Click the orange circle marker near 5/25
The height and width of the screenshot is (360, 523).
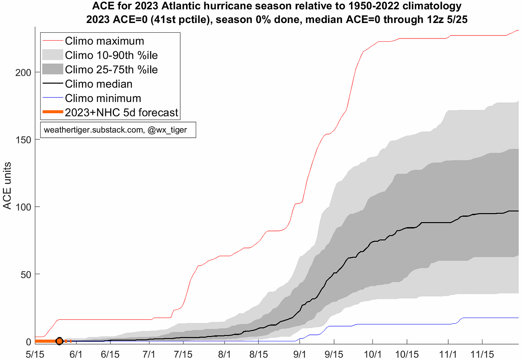[x=60, y=341]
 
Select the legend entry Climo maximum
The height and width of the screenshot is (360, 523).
[x=105, y=41]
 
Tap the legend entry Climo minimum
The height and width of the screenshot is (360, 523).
[x=103, y=98]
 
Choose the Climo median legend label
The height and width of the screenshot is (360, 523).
[x=98, y=84]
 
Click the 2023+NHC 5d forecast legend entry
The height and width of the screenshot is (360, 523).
[x=121, y=112]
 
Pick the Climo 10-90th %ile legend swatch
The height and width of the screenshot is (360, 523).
[x=53, y=55]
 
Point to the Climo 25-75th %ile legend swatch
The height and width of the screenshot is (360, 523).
[x=53, y=69]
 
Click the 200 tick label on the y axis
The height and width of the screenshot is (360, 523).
[x=23, y=73]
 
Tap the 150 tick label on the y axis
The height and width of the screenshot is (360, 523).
[x=23, y=140]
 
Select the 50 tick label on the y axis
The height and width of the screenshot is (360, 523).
[x=26, y=275]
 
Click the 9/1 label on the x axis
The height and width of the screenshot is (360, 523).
[x=300, y=354]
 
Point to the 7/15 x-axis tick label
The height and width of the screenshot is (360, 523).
[x=183, y=354]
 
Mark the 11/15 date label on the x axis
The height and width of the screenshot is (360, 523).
[x=482, y=354]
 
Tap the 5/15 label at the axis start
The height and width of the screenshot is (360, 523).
[x=35, y=354]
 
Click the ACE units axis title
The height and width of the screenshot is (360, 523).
[x=7, y=186]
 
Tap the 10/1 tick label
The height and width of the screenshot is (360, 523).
[x=372, y=354]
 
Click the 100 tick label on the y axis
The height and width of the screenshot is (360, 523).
[x=23, y=207]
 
